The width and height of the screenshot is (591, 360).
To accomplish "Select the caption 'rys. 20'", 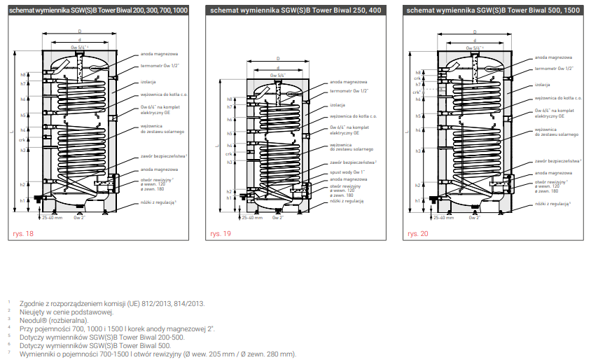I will pyautogui.click(x=419, y=234).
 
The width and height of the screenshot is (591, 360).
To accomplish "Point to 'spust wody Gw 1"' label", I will pyautogui.click(x=347, y=172).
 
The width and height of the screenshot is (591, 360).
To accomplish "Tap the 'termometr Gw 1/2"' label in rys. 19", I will pyautogui.click(x=349, y=91).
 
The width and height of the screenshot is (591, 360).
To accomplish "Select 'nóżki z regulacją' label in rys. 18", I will pyautogui.click(x=158, y=202).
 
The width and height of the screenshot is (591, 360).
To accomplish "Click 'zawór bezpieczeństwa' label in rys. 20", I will pyautogui.click(x=557, y=161).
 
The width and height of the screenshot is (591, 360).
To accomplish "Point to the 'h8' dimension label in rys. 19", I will pyautogui.click(x=230, y=99).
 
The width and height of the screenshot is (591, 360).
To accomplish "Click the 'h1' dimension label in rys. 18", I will pyautogui.click(x=22, y=200).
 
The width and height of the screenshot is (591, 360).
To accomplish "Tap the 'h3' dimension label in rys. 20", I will pyautogui.click(x=417, y=151).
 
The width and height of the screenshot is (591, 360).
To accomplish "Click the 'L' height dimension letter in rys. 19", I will pyautogui.click(x=217, y=145).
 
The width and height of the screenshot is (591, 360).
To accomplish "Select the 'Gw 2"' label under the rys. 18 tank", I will pyautogui.click(x=79, y=218).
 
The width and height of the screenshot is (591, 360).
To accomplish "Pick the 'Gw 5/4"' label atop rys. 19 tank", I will pyautogui.click(x=278, y=75).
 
